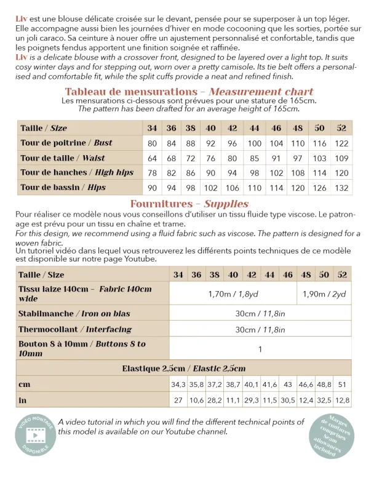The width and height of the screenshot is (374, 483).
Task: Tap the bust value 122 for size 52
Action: pos(342,143)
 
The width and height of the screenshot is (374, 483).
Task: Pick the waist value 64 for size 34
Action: pos(152,158)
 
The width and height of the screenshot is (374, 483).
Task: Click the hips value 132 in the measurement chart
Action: pos(342,187)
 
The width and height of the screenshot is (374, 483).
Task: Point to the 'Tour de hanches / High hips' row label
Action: pos(77,172)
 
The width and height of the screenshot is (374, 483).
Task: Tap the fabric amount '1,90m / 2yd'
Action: pos(324,294)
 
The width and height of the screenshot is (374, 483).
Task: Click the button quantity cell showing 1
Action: pos(260,349)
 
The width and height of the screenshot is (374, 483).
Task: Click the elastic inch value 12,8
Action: pos(343,400)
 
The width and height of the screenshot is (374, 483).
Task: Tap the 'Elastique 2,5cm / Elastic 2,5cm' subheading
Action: pos(183,368)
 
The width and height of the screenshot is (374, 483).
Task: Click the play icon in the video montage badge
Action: pos(36,434)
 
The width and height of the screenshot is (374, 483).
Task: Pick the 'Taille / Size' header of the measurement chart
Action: pos(44,128)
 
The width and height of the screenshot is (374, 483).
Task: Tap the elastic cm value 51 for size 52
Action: pos(343,384)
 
